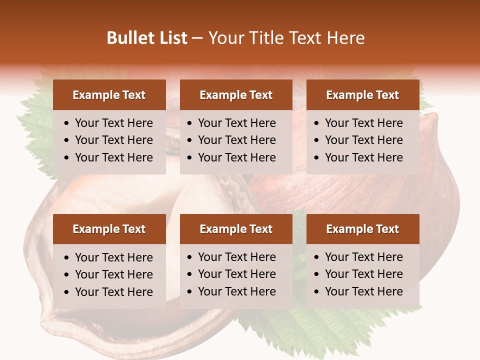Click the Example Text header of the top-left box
coord(109,95)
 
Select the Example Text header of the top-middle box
coord(236,95)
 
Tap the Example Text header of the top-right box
coord(362,95)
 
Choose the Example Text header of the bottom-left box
coord(109,229)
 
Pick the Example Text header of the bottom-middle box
coord(236,229)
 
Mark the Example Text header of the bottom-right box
coord(362,229)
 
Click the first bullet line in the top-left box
coord(113,123)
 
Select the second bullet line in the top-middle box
coord(236,140)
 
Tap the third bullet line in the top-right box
coord(363,157)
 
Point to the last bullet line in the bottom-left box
coord(113,292)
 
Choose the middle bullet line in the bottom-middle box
coord(236,274)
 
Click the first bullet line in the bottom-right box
coord(363,257)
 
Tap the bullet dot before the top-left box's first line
coord(67,123)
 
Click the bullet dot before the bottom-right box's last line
coord(317,292)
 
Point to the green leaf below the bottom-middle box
coord(280,330)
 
